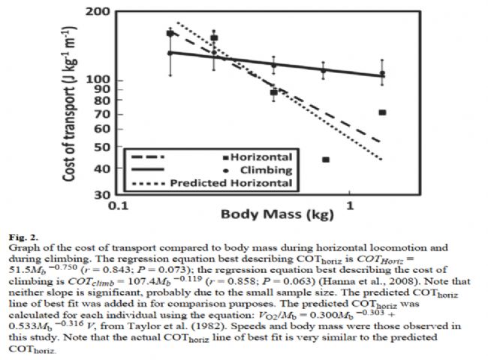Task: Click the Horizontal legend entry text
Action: point(261,157)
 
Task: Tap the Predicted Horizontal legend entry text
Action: point(230,183)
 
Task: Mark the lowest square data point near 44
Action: point(326,160)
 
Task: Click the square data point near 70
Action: point(382,112)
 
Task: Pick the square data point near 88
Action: point(274,92)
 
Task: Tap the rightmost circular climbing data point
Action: point(382,73)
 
